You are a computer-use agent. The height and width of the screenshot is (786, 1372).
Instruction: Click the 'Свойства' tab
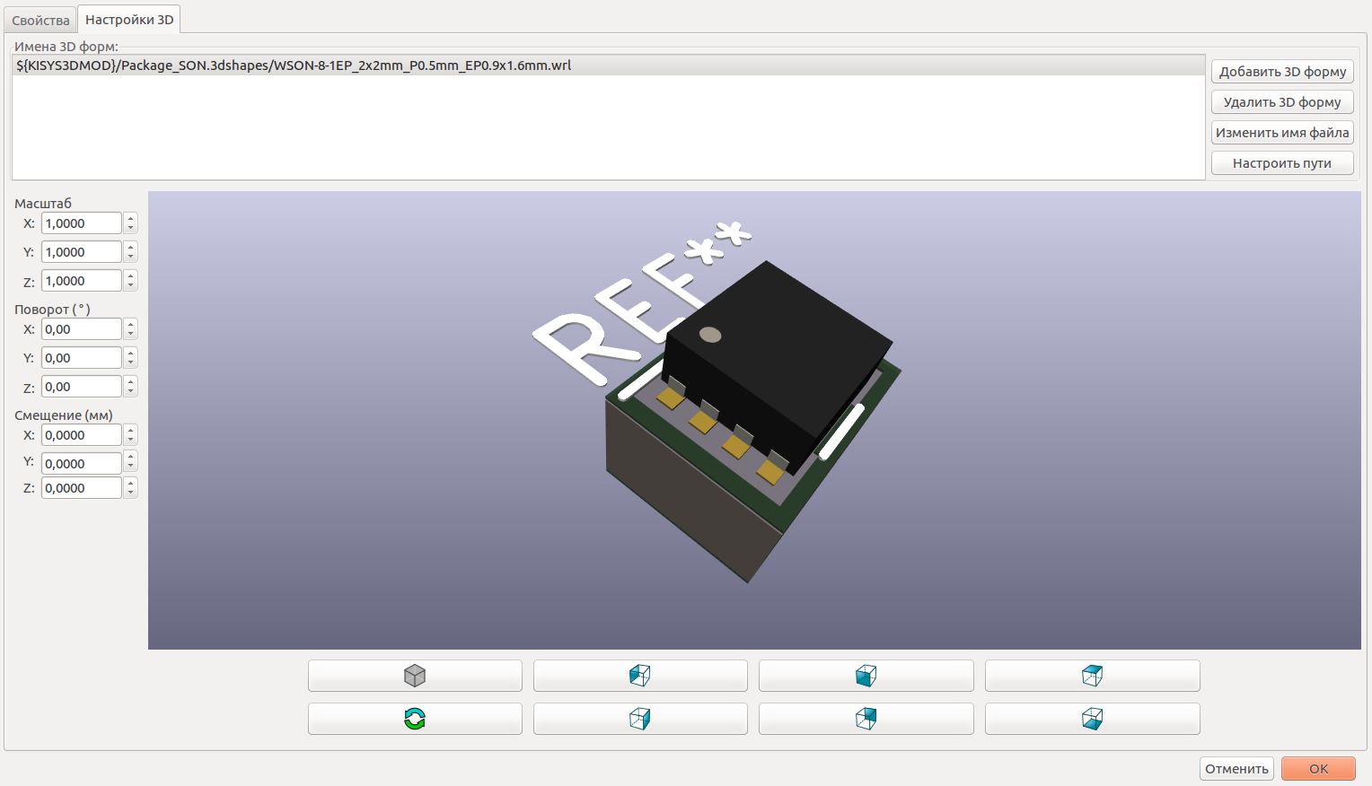coord(40,20)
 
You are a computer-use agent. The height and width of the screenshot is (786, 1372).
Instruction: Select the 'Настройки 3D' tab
coord(129,20)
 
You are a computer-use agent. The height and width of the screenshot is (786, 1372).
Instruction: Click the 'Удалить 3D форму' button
coord(1281,102)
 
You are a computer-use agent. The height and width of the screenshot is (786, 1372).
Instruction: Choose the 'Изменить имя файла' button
coord(1281,133)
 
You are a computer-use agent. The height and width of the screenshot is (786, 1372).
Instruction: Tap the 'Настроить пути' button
coord(1281,163)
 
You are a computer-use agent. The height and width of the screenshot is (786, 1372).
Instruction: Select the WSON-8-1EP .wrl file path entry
coord(294,65)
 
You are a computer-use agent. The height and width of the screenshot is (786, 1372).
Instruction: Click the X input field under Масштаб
coord(81,223)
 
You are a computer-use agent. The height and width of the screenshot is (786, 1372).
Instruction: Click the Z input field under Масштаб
coord(81,281)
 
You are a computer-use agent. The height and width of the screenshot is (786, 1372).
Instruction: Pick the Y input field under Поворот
coord(81,358)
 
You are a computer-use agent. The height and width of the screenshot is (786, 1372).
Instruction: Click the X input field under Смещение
coord(81,435)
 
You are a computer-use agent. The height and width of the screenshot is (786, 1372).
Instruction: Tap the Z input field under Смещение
coord(81,488)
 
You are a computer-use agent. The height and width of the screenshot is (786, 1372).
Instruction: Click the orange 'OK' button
coord(1317,769)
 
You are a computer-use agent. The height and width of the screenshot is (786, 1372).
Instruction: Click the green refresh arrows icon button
coord(415,719)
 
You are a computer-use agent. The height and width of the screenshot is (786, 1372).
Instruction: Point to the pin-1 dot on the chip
coord(710,335)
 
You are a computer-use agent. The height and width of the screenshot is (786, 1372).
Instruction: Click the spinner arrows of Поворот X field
coord(131,329)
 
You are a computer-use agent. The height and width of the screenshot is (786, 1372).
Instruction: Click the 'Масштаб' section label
coord(43,204)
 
